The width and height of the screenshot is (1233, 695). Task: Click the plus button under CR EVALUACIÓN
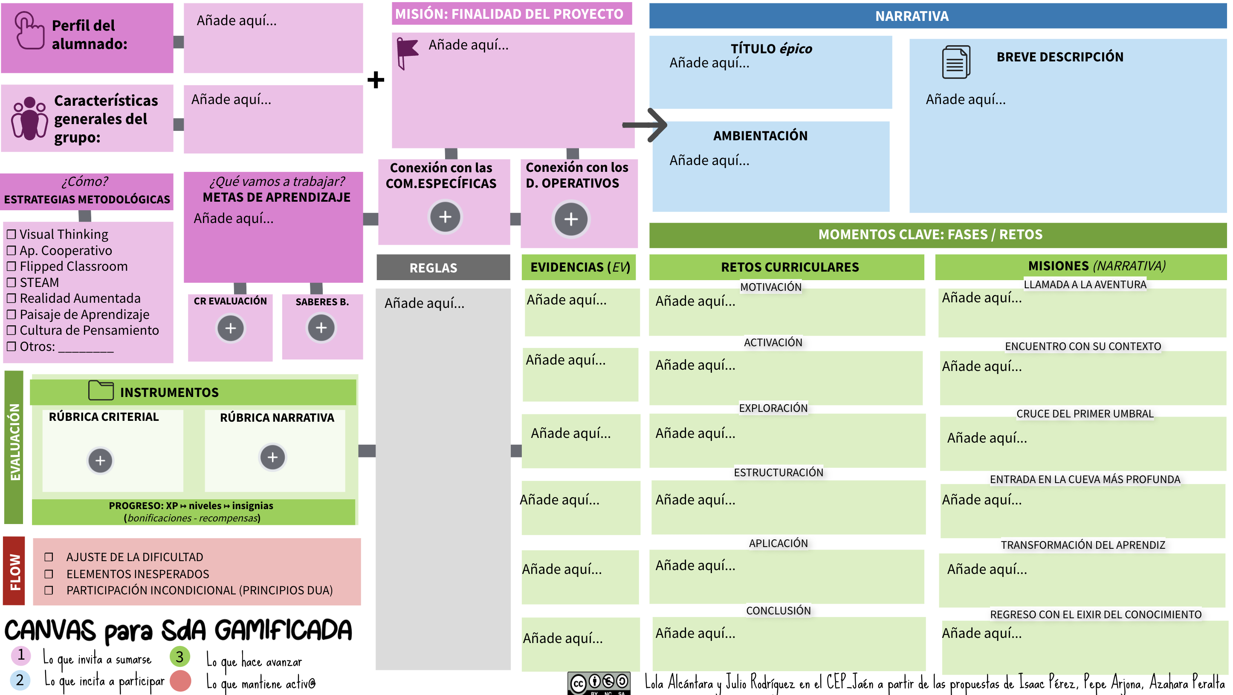(231, 328)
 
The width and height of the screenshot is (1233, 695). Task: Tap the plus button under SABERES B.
(321, 328)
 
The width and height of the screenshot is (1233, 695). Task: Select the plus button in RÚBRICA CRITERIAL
(100, 460)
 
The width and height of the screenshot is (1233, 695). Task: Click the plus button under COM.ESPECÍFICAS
(445, 217)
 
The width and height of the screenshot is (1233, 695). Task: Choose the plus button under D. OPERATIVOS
(571, 219)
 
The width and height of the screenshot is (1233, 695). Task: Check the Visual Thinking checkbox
(12, 235)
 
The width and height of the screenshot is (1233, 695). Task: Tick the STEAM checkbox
(12, 282)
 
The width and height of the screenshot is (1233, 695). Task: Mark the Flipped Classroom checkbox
(12, 266)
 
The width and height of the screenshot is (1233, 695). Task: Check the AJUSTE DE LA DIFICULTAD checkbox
(48, 557)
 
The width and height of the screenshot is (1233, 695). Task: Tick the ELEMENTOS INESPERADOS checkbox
(48, 574)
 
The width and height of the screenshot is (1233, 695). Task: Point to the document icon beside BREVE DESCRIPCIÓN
(956, 62)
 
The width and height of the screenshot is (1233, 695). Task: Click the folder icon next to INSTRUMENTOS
(101, 390)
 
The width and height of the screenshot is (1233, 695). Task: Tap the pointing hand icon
(30, 31)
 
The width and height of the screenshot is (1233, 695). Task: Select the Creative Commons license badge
(599, 683)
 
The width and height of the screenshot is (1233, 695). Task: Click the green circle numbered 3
(179, 657)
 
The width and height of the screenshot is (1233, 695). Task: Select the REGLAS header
(433, 268)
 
